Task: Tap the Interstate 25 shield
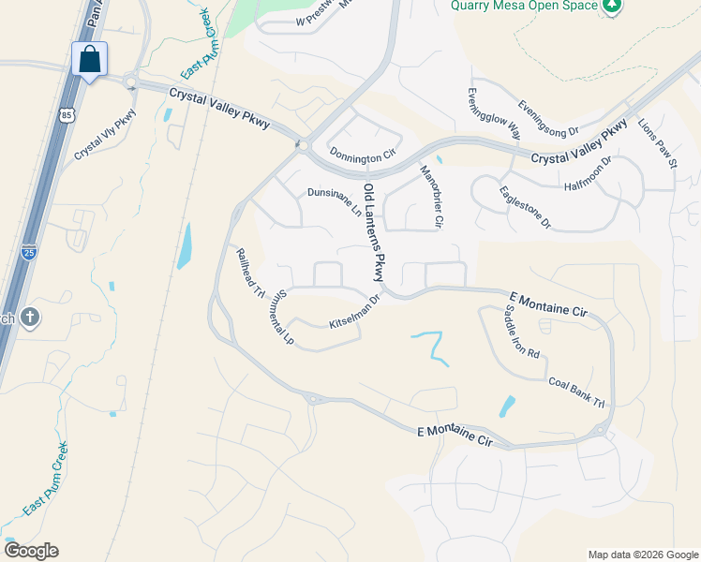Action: pyautogui.click(x=29, y=252)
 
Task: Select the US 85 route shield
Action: pyautogui.click(x=65, y=115)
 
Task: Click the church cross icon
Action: pyautogui.click(x=30, y=318)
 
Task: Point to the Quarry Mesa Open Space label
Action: pyautogui.click(x=524, y=6)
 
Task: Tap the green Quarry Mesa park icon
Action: pyautogui.click(x=612, y=7)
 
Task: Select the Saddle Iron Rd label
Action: pyautogui.click(x=523, y=333)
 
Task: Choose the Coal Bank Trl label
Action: pyautogui.click(x=576, y=391)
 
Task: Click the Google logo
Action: pyautogui.click(x=31, y=551)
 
